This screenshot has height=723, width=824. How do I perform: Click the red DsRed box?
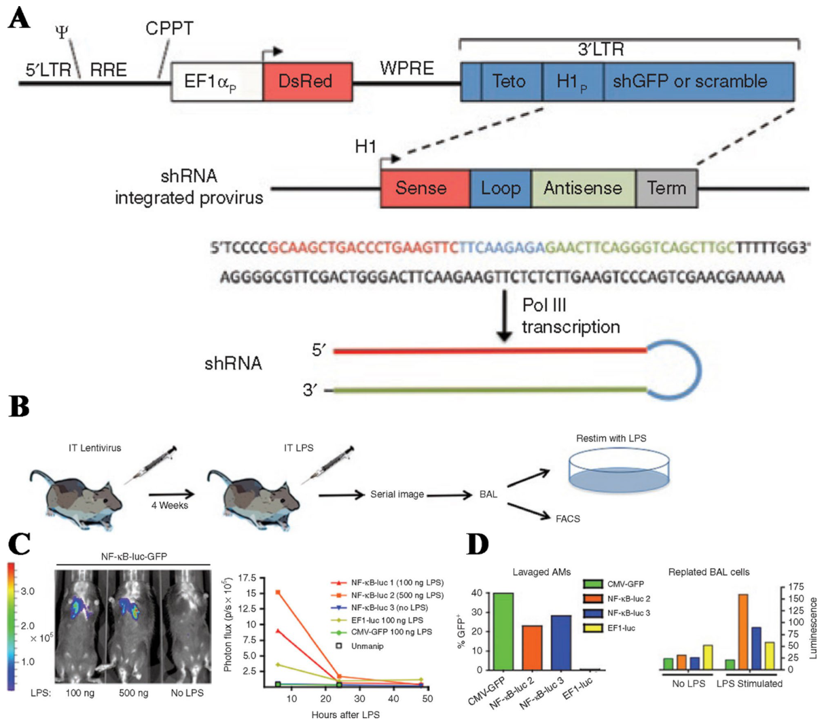(x=307, y=82)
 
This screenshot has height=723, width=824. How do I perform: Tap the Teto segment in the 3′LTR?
(x=509, y=82)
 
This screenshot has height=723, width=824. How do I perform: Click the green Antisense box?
(x=583, y=188)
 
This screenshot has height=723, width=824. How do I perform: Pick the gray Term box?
(x=666, y=188)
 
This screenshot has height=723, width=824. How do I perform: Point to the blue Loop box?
(x=500, y=188)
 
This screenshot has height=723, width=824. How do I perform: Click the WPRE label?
(x=406, y=69)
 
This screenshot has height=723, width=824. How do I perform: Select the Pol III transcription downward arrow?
(x=504, y=315)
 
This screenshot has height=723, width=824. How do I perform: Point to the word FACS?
(x=568, y=518)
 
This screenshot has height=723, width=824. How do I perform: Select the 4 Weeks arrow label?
(x=169, y=505)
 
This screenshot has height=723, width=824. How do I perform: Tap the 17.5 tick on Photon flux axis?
(x=247, y=578)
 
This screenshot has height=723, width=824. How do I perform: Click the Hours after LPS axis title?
(x=345, y=714)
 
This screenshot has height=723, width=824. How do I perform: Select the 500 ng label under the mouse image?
(x=133, y=692)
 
